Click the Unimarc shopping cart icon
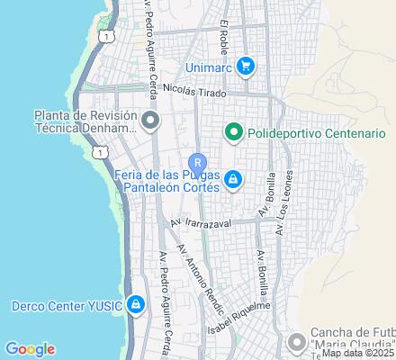(246, 65)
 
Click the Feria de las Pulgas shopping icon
(233, 179)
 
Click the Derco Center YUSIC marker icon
(135, 304)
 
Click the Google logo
(30, 349)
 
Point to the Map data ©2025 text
(357, 354)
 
